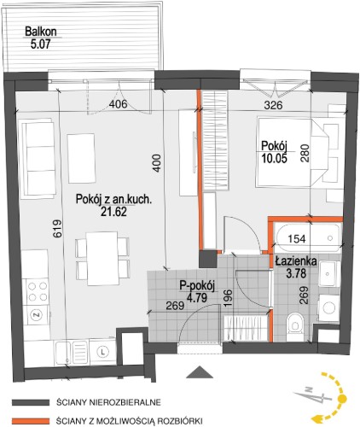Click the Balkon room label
(x=41, y=32)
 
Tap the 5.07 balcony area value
(x=40, y=44)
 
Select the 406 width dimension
(x=119, y=104)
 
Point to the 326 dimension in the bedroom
(x=273, y=105)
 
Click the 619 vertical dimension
(x=57, y=228)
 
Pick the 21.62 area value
(x=113, y=212)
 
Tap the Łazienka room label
(x=296, y=261)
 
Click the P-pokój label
(x=197, y=286)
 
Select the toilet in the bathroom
(x=295, y=327)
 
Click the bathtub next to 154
(x=307, y=237)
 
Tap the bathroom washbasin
(x=328, y=274)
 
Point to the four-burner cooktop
(x=38, y=291)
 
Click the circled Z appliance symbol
(x=37, y=315)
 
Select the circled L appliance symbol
(x=103, y=352)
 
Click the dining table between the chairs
(x=102, y=259)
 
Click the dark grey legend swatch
(x=31, y=402)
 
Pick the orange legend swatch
(x=31, y=421)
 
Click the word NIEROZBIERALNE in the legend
(x=125, y=402)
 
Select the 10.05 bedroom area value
(x=275, y=158)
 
